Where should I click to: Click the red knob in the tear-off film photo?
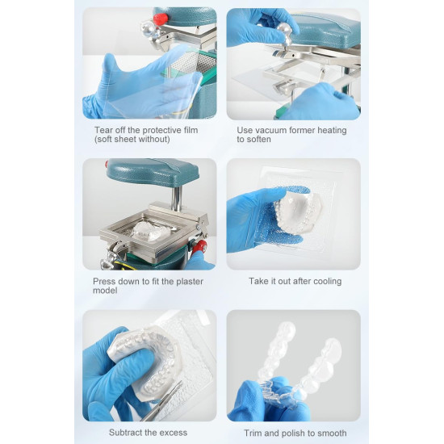coord(161,19)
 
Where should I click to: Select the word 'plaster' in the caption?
coord(190,282)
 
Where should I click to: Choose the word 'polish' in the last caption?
coord(293,434)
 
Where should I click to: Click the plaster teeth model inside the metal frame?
coord(152,231)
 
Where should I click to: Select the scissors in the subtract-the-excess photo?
coord(164,401)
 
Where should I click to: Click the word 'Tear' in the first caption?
coord(101,130)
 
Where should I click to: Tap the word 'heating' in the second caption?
coord(332,131)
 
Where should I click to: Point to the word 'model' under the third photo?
coord(105,291)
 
